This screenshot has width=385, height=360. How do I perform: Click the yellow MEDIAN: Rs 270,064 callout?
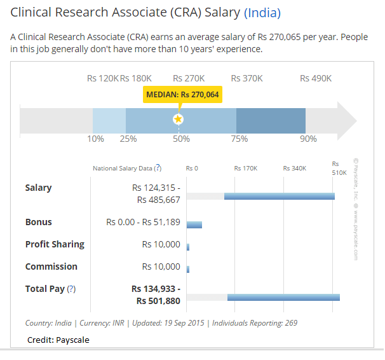tap(182, 94)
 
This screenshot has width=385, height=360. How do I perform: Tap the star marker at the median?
tap(179, 119)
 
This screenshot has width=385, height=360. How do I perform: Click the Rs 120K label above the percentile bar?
tap(102, 78)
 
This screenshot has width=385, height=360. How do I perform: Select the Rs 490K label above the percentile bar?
tap(316, 78)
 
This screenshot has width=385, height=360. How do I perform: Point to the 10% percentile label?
tap(95, 139)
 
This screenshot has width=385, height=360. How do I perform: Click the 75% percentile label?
tap(239, 139)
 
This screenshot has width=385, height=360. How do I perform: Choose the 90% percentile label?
tap(308, 139)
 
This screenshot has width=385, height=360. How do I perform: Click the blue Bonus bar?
tap(194, 225)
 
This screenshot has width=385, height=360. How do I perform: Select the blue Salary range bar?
tap(280, 196)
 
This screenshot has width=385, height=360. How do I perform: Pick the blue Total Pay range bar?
tap(283, 297)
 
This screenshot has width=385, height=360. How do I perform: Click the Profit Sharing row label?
tap(55, 244)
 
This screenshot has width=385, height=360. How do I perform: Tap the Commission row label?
tap(51, 267)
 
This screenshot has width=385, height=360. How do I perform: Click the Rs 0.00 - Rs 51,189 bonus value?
tap(144, 223)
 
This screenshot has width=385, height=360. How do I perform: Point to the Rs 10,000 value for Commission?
tap(161, 267)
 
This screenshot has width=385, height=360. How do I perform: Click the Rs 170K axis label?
tap(246, 169)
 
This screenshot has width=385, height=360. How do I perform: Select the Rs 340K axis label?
tap(295, 169)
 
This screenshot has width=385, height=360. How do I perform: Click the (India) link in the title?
tap(262, 13)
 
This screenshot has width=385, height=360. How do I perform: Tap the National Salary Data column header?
tap(123, 169)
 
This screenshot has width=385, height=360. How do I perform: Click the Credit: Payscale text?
tap(58, 340)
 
